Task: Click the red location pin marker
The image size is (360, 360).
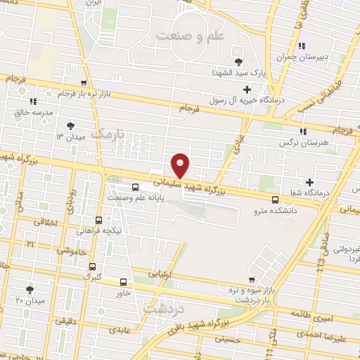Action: (181, 165)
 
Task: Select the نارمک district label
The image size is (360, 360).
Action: (112, 133)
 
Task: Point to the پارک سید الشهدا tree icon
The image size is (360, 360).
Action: (238, 62)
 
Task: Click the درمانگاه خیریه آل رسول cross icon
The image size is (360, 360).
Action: (247, 89)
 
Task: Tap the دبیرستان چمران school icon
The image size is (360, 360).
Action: (301, 47)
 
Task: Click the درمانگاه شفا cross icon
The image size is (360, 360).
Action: (309, 183)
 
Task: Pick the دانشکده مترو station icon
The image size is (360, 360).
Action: (274, 200)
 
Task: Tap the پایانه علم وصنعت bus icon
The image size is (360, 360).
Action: (134, 186)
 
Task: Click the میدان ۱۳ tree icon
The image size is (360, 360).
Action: (70, 126)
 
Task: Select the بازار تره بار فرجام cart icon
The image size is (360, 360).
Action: (84, 83)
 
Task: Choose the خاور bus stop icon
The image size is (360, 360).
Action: (124, 283)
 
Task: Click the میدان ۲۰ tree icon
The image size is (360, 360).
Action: (30, 289)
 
